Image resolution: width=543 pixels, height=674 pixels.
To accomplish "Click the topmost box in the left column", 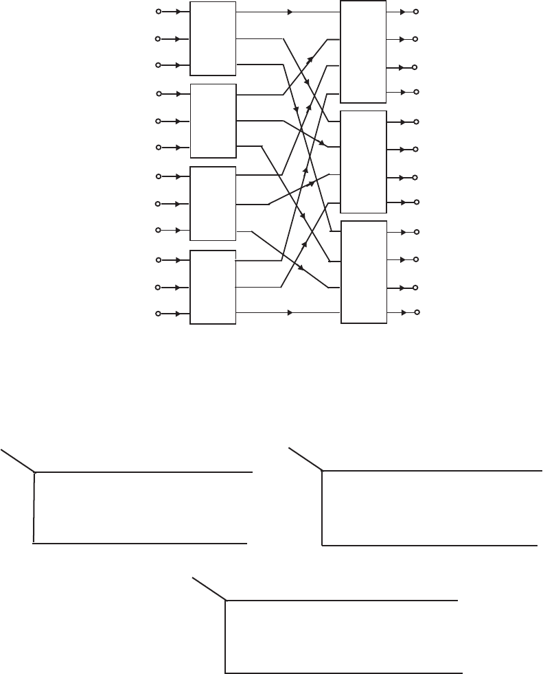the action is click(x=213, y=38).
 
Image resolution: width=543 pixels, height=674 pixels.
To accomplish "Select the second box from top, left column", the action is click(x=213, y=121).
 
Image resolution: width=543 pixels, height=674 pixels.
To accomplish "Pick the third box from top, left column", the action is click(x=213, y=203).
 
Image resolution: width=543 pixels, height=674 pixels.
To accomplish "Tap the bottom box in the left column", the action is click(x=213, y=287).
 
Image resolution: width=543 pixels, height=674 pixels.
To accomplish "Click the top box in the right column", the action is click(x=364, y=52).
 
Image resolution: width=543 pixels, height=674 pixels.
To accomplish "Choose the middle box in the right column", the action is click(x=364, y=162).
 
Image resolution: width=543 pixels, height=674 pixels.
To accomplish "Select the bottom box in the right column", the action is click(x=364, y=272).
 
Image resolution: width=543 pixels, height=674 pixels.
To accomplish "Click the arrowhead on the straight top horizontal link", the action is click(x=291, y=12).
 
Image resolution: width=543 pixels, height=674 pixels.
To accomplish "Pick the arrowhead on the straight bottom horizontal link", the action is click(x=291, y=314).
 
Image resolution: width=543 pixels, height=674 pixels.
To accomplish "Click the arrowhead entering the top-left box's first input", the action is click(x=178, y=12).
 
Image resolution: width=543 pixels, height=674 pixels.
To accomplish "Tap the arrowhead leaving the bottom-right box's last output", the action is click(x=404, y=313).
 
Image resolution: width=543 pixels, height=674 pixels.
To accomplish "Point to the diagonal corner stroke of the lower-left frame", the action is click(x=18, y=461).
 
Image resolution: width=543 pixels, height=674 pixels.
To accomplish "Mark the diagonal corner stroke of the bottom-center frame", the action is click(x=209, y=590).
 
